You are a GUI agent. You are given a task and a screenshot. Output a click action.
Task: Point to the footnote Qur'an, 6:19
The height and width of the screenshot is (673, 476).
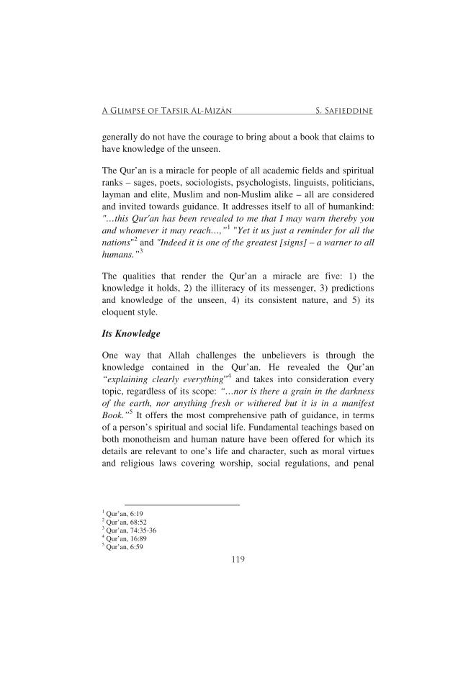tap(120, 513)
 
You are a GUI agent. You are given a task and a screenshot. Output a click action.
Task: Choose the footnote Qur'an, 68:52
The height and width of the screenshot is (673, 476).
tap(121, 522)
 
